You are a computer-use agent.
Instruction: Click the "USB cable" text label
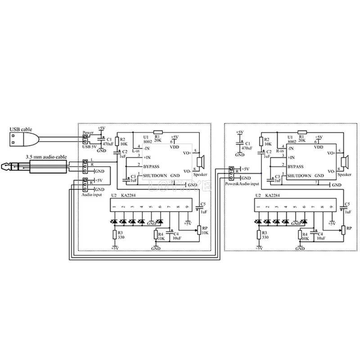pos(21,129)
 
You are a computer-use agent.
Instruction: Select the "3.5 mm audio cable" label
pos(46,157)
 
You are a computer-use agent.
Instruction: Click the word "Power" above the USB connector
pos(87,132)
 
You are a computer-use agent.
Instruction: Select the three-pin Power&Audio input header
pos(231,174)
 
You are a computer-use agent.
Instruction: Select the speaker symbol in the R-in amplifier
pos(346,161)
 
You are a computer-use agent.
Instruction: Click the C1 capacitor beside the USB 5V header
pos(103,139)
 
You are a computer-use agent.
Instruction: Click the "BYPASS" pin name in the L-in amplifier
pos(152,166)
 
